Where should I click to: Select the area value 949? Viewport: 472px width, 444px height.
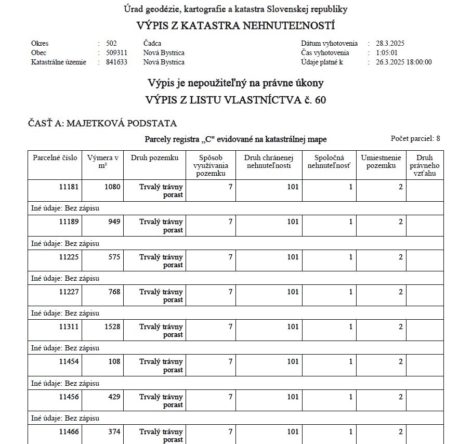pyautogui.click(x=114, y=222)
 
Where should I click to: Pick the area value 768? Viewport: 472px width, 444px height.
pyautogui.click(x=114, y=292)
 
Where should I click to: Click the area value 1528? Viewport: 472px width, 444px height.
pyautogui.click(x=112, y=327)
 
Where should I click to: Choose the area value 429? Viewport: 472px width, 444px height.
pyautogui.click(x=114, y=397)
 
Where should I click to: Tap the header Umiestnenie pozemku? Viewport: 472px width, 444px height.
pyautogui.click(x=381, y=162)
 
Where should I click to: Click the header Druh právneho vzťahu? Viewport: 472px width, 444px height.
pyautogui.click(x=425, y=165)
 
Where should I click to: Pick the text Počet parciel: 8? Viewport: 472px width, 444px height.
pyautogui.click(x=415, y=138)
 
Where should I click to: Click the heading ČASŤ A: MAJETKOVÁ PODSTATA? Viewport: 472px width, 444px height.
pyautogui.click(x=102, y=123)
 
